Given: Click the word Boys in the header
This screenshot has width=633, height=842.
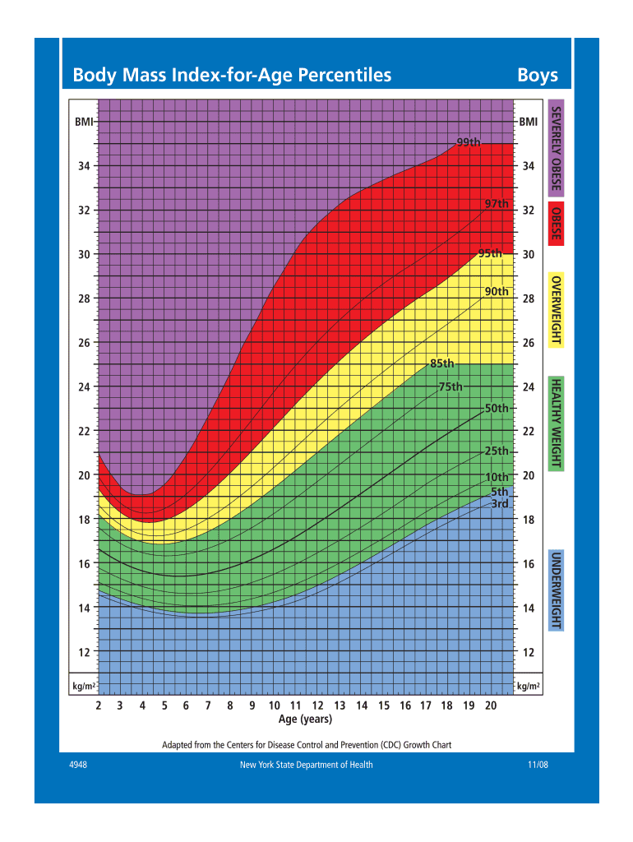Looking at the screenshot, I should point(538,76).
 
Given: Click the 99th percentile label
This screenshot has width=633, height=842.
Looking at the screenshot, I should point(469,142).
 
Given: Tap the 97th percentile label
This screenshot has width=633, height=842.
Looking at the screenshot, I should point(497,203).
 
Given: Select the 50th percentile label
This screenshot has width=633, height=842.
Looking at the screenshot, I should point(497,408).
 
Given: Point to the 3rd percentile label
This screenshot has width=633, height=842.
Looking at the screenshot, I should point(500,503).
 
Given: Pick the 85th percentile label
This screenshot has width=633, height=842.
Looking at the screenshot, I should point(441,363).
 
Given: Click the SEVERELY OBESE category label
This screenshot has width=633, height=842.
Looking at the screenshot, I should point(557,150).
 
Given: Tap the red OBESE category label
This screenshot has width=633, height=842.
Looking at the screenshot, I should point(557,224).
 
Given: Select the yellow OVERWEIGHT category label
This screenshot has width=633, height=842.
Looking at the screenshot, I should point(557,311).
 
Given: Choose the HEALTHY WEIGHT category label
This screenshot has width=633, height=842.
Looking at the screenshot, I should point(557,423).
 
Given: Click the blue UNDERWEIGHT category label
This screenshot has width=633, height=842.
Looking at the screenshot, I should point(557,591).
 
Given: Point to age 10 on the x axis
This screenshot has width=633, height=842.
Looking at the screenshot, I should point(275,706).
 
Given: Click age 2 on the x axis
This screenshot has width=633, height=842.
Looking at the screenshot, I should point(98,706).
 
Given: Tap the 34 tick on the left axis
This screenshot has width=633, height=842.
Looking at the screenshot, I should point(84,166).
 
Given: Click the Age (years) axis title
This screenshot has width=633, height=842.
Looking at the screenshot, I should point(305,719).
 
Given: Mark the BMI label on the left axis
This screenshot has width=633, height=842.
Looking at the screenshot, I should point(84,122).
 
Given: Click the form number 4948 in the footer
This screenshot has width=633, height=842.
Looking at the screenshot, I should point(79,765).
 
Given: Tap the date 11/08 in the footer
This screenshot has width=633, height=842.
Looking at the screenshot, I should point(538,765).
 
